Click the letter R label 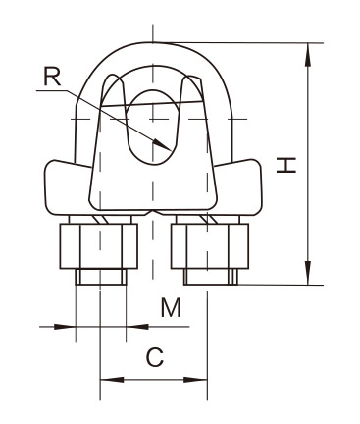(52, 77)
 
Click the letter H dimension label (286, 165)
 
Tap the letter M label (171, 307)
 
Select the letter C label (155, 357)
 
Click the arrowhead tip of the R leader (171, 150)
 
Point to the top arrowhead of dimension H (308, 43)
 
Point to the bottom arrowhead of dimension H (308, 285)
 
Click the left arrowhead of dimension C (100, 380)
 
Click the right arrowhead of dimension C (207, 380)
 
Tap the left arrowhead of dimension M (76, 327)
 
